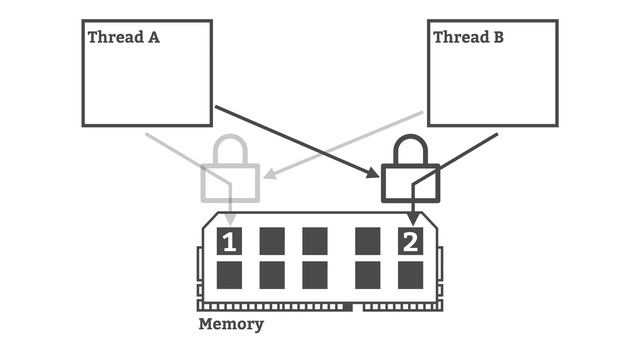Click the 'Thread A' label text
[x=124, y=38]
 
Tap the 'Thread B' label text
[x=468, y=38]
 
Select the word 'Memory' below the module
[x=231, y=324]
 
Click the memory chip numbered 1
[x=230, y=241]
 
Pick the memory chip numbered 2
[x=411, y=241]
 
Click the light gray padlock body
[x=230, y=183]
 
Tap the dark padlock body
[x=410, y=183]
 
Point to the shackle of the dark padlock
[x=410, y=150]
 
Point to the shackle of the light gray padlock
[x=230, y=150]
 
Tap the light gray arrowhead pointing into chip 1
[x=230, y=220]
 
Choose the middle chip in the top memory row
[x=315, y=241]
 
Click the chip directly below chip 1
[x=230, y=274]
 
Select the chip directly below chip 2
[x=411, y=274]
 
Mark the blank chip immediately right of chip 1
[x=272, y=241]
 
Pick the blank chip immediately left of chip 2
[x=368, y=241]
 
